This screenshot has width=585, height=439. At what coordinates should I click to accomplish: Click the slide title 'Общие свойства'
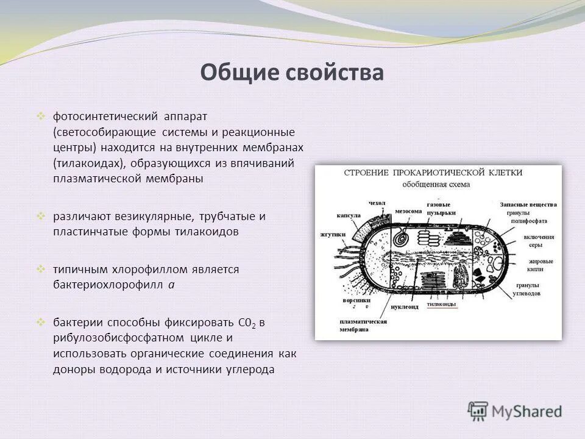(x=292, y=73)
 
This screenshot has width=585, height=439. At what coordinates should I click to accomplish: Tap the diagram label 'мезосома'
(x=408, y=211)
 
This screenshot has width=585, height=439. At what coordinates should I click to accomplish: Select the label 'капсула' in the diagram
(x=349, y=216)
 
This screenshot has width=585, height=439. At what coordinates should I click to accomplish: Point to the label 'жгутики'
(x=333, y=234)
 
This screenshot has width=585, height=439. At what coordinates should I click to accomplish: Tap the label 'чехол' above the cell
(x=377, y=203)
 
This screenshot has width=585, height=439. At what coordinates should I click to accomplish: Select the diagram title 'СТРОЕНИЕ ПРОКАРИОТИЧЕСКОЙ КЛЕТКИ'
(x=433, y=173)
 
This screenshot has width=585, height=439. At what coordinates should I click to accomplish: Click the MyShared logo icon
(x=478, y=411)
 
